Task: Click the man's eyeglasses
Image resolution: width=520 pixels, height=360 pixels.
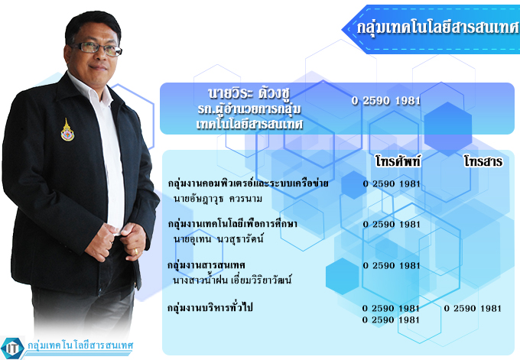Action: pos(96,49)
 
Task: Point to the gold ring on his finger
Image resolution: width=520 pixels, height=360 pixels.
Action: pos(136,251)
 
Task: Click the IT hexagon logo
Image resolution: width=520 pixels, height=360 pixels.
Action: pos(12,348)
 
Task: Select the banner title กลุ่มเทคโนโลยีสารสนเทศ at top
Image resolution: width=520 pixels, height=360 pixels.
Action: pos(437,28)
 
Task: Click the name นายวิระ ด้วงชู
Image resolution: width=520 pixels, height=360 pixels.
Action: pos(249,93)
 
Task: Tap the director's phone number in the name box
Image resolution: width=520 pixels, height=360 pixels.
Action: pos(386,100)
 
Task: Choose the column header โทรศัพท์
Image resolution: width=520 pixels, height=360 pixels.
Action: pos(398,161)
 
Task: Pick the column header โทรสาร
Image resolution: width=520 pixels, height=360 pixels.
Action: pos(483,161)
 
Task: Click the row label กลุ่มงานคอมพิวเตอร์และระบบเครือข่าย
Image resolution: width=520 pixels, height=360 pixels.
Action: pos(248,183)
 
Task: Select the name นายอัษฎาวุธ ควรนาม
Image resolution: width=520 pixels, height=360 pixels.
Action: pos(218,199)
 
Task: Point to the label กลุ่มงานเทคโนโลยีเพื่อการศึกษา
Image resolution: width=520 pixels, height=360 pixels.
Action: pos(232,224)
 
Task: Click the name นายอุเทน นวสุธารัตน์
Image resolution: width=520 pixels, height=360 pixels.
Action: pos(218,238)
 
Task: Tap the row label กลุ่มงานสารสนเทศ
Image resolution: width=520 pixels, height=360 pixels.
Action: pos(206,265)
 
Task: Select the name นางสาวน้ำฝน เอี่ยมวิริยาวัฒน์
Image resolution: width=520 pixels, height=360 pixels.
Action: pos(232,280)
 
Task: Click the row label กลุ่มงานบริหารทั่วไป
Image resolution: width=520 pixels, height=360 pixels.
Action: pos(210,307)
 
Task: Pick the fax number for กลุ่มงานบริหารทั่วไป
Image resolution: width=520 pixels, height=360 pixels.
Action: pos(473,308)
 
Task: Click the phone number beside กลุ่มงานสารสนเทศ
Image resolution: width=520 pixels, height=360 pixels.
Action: pos(392,265)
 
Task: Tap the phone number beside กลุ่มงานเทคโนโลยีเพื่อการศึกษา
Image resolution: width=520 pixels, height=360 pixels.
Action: pos(392,225)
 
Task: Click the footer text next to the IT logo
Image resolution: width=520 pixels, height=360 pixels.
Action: pos(80,345)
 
